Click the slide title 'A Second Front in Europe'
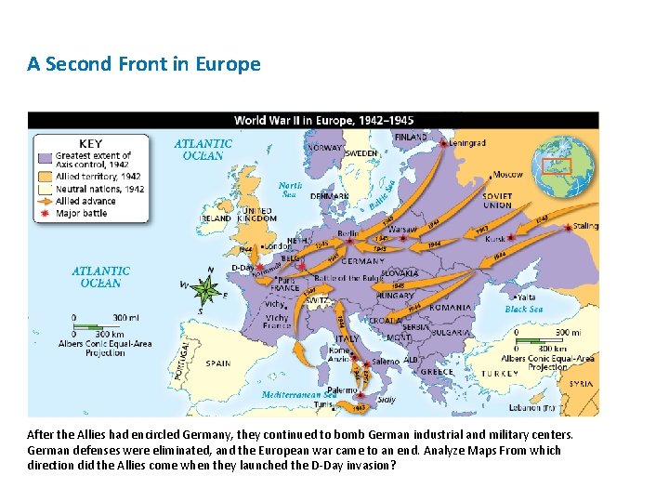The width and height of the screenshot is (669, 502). pyautogui.click(x=144, y=64)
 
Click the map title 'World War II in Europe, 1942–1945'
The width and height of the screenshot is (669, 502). pyautogui.click(x=323, y=120)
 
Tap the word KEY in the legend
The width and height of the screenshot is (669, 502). pyautogui.click(x=90, y=143)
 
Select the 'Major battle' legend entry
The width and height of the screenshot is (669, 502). pyautogui.click(x=81, y=213)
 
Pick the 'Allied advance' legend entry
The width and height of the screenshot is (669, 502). pyautogui.click(x=85, y=201)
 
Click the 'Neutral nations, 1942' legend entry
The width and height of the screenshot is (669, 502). pyautogui.click(x=99, y=189)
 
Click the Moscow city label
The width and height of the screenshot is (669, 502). pyautogui.click(x=507, y=174)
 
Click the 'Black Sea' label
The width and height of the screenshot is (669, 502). pyautogui.click(x=523, y=309)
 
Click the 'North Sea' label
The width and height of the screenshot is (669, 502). pyautogui.click(x=292, y=190)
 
